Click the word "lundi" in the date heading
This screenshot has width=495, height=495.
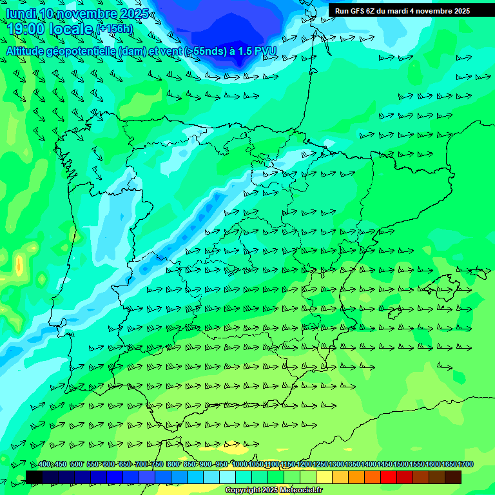point(20,14)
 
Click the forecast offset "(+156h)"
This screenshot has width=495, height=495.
point(114,29)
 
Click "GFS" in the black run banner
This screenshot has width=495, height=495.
point(358,11)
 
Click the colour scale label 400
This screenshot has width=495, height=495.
point(44,464)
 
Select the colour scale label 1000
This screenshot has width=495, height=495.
point(240,464)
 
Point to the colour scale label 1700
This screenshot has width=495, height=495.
point(465,464)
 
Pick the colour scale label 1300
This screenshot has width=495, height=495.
point(336,464)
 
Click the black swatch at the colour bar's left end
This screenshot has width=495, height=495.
point(34,478)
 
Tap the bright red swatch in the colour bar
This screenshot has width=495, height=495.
point(389,478)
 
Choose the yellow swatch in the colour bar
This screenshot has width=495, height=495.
point(324,478)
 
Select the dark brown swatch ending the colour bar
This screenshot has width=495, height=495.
point(453,478)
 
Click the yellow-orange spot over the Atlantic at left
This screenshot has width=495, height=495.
point(19,264)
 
